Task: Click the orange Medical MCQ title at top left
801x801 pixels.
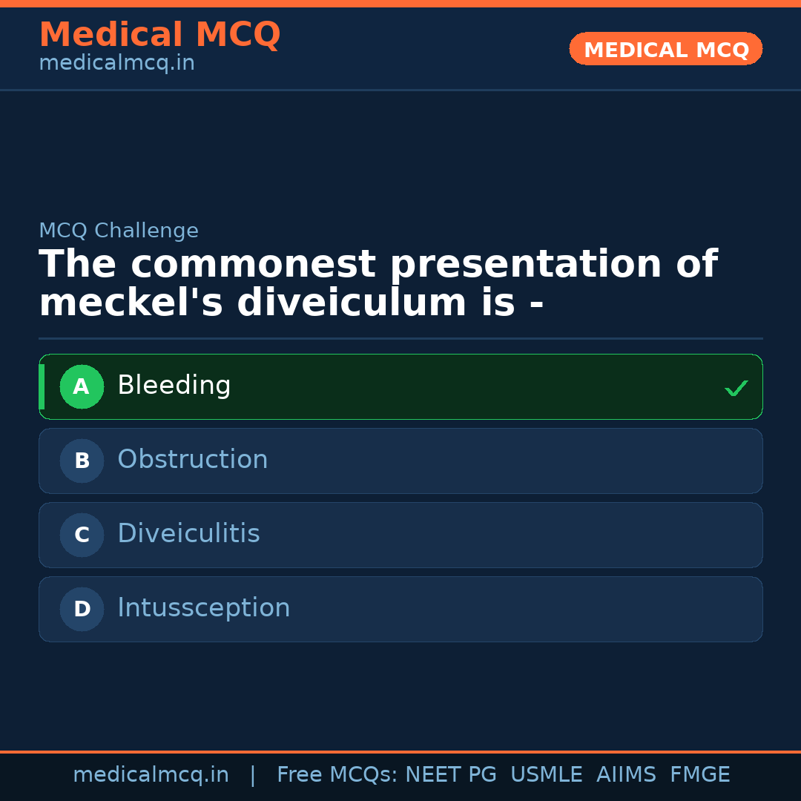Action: [x=159, y=35]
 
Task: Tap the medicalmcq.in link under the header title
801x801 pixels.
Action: [x=116, y=64]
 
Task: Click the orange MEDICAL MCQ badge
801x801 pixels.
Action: [x=665, y=50]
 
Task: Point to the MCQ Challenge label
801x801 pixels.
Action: [x=119, y=231]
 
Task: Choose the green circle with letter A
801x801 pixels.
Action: [x=82, y=386]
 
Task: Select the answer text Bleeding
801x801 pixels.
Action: [x=174, y=386]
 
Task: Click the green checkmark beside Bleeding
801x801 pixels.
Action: [x=736, y=388]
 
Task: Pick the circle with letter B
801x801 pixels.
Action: [x=82, y=461]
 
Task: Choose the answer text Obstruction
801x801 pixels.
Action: [x=193, y=460]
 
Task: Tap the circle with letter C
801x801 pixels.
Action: [x=82, y=535]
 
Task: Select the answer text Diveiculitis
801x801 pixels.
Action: [x=188, y=534]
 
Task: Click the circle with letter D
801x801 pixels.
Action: [x=82, y=609]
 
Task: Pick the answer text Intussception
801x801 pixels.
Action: [x=204, y=608]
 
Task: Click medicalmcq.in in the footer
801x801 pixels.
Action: [x=151, y=775]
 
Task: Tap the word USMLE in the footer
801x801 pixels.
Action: [x=546, y=775]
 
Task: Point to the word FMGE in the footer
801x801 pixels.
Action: [x=699, y=775]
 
